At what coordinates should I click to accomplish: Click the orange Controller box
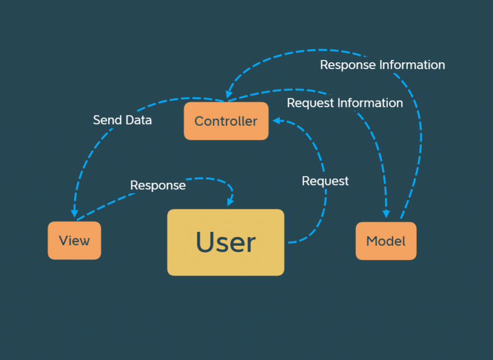[x=226, y=121]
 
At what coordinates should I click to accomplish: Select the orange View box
[x=74, y=241]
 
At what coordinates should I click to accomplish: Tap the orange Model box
[x=386, y=241]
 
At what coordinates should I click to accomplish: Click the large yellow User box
[x=226, y=242]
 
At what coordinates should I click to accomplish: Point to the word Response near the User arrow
[x=158, y=185]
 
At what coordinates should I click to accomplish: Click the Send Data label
[x=122, y=120]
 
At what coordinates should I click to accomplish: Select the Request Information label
[x=344, y=103]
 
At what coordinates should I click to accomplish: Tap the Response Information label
[x=382, y=65]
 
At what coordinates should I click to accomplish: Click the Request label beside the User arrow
[x=325, y=181]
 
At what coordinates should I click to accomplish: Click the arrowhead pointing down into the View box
[x=74, y=213]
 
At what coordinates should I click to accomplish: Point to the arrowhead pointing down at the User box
[x=230, y=202]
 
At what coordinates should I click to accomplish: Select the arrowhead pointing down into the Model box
[x=386, y=213]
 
